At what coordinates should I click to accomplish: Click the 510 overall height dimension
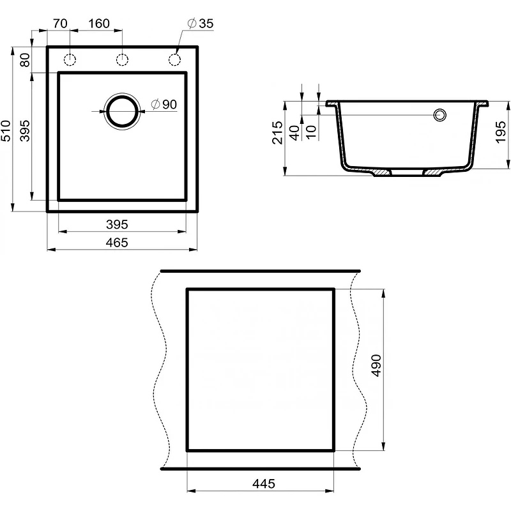(6, 130)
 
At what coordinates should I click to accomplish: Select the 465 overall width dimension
(117, 243)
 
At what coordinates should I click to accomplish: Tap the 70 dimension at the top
(60, 24)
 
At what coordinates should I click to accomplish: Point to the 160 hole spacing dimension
(99, 24)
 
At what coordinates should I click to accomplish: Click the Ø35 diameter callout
(201, 24)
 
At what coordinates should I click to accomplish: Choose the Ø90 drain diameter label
(164, 104)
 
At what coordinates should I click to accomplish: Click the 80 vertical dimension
(25, 60)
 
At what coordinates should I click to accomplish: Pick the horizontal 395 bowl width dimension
(117, 225)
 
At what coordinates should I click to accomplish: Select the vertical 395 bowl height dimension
(25, 131)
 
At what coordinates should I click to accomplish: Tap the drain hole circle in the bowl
(122, 97)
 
